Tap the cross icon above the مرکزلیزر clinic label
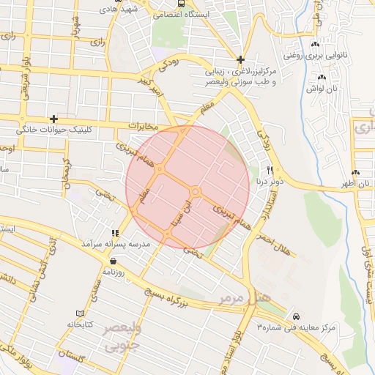[241, 59]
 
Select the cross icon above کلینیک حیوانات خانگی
[53, 119]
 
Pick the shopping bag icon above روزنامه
[113, 260]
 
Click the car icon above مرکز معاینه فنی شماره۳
[294, 316]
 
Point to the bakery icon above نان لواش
[321, 77]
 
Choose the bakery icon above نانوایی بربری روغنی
[315, 45]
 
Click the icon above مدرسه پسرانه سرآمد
[114, 232]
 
